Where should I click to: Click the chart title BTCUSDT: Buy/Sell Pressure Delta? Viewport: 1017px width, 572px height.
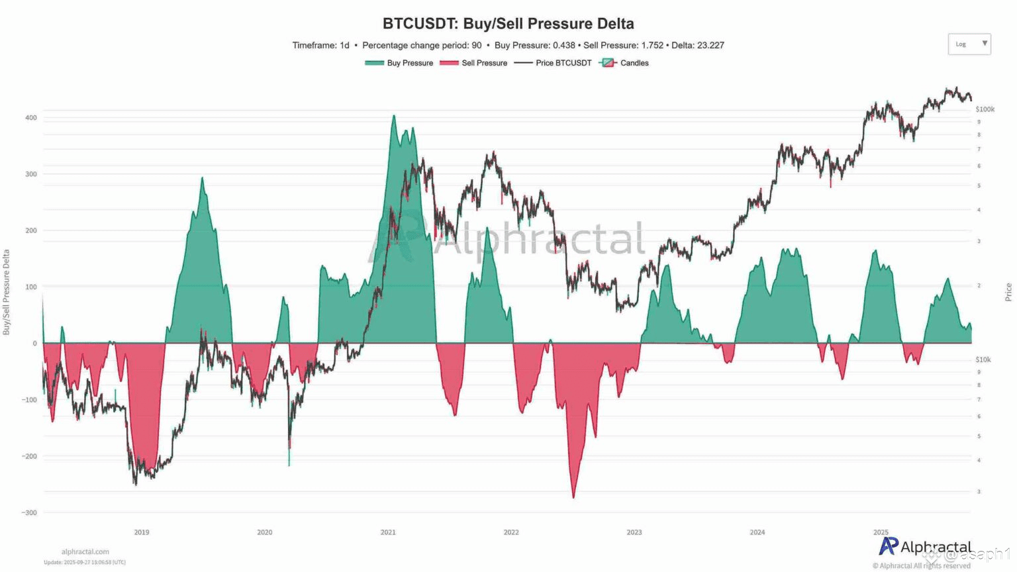tap(508, 24)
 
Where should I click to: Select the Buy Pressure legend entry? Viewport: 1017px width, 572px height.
tap(399, 63)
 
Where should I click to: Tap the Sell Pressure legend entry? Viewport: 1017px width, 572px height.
tap(474, 63)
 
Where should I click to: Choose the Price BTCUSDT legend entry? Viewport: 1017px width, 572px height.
tap(554, 63)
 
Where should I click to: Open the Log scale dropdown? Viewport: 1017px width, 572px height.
tap(969, 44)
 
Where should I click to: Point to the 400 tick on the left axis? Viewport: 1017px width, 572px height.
tap(30, 118)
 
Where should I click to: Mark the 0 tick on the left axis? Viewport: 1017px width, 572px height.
tap(34, 343)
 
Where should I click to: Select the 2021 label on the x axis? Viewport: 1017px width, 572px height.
tap(388, 532)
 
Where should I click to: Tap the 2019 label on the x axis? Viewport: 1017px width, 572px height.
tap(142, 532)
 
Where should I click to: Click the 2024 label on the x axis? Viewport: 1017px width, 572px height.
tap(757, 532)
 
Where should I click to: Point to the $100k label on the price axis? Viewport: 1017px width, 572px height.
tap(985, 109)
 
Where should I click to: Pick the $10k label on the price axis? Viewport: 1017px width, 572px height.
tap(983, 359)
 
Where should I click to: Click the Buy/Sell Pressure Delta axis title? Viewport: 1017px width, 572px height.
tap(7, 292)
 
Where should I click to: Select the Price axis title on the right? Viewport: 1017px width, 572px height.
tap(1008, 292)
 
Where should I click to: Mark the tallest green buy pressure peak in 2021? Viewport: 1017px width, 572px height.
tap(393, 117)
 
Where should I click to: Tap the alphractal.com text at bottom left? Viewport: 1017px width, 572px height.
tap(85, 551)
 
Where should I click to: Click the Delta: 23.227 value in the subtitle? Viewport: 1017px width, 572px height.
tap(698, 46)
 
